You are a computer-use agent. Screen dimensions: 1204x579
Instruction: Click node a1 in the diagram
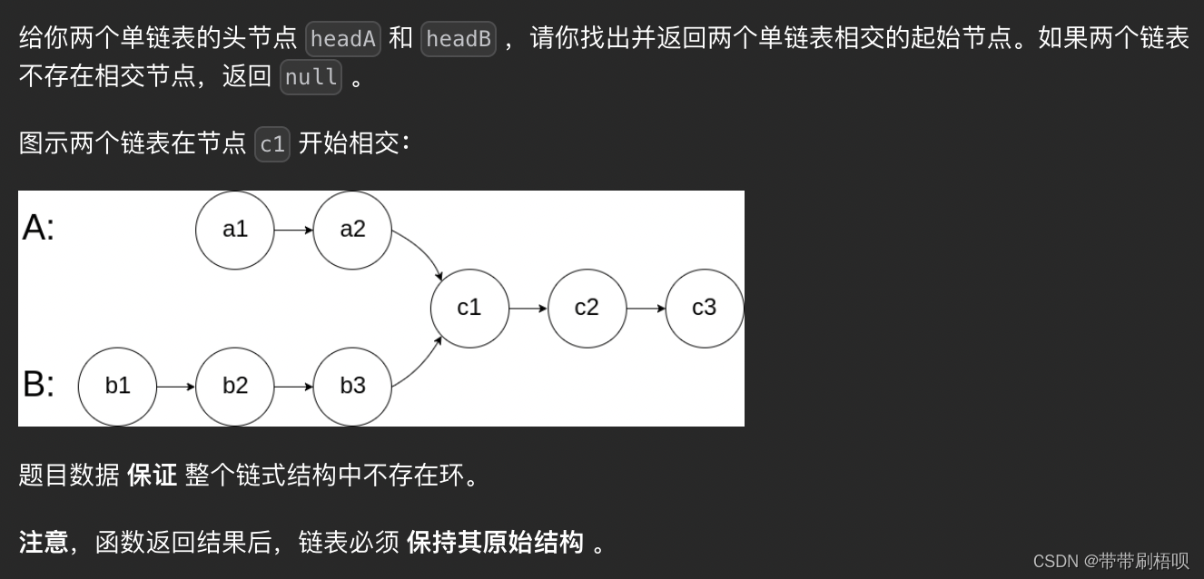tap(234, 230)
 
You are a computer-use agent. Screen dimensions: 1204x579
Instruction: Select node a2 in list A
tap(352, 230)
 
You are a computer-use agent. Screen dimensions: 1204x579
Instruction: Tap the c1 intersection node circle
tap(469, 308)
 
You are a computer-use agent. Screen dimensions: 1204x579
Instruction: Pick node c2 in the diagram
tap(587, 308)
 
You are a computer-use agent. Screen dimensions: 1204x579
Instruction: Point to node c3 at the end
tap(705, 308)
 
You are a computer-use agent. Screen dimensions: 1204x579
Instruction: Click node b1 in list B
tap(117, 386)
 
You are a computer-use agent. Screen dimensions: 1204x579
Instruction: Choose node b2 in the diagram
tap(234, 386)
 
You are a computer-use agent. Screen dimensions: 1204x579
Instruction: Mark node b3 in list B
tap(352, 386)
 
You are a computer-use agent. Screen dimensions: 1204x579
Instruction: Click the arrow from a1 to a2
tap(293, 230)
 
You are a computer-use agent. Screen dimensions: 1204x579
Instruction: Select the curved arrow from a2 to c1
tap(422, 251)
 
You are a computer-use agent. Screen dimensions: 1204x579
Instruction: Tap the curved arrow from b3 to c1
tap(422, 363)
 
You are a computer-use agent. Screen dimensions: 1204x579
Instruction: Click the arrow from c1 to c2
tap(528, 308)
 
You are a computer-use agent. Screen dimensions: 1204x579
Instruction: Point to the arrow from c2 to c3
tap(646, 308)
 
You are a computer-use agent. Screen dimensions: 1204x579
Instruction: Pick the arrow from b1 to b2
tap(176, 386)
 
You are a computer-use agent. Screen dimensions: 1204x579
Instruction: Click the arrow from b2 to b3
tap(293, 386)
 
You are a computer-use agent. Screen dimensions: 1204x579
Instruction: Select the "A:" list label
tap(38, 228)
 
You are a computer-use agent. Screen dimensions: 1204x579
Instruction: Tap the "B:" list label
tap(38, 385)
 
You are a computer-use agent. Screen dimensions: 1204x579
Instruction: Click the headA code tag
tap(343, 38)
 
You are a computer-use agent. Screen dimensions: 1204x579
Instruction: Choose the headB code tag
tap(459, 38)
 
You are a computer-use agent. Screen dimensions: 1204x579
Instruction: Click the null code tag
tap(311, 77)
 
